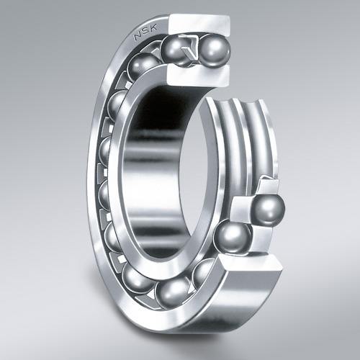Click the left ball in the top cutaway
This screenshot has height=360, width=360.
coord(176,51)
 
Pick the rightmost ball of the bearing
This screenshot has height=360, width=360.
coord(268,210)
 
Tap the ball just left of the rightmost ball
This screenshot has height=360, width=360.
coord(233,237)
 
